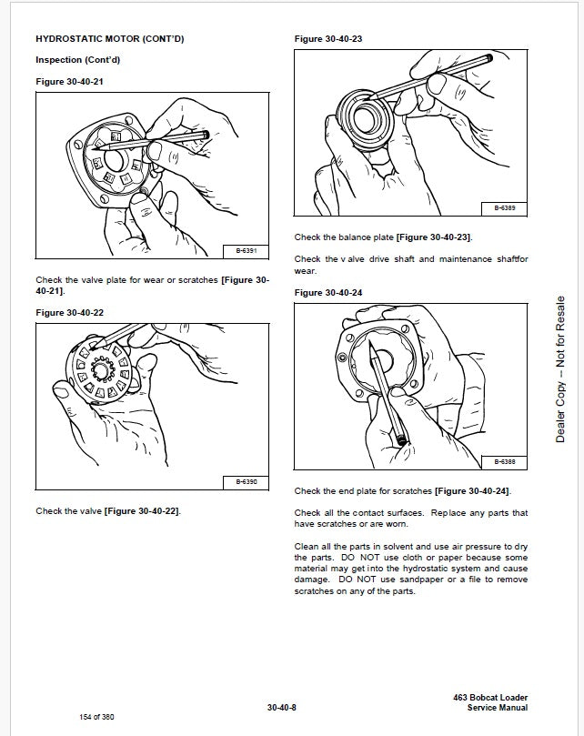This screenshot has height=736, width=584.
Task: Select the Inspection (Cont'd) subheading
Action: click(77, 60)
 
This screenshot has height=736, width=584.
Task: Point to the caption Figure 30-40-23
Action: click(328, 39)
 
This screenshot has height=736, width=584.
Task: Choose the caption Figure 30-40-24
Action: click(328, 292)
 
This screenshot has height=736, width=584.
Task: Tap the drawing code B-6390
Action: click(246, 481)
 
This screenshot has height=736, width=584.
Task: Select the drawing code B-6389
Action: click(505, 208)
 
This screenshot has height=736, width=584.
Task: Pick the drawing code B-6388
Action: click(505, 461)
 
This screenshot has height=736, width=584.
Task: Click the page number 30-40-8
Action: click(284, 707)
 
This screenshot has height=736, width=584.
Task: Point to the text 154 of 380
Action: click(97, 716)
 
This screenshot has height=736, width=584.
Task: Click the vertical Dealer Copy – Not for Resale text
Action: click(560, 369)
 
